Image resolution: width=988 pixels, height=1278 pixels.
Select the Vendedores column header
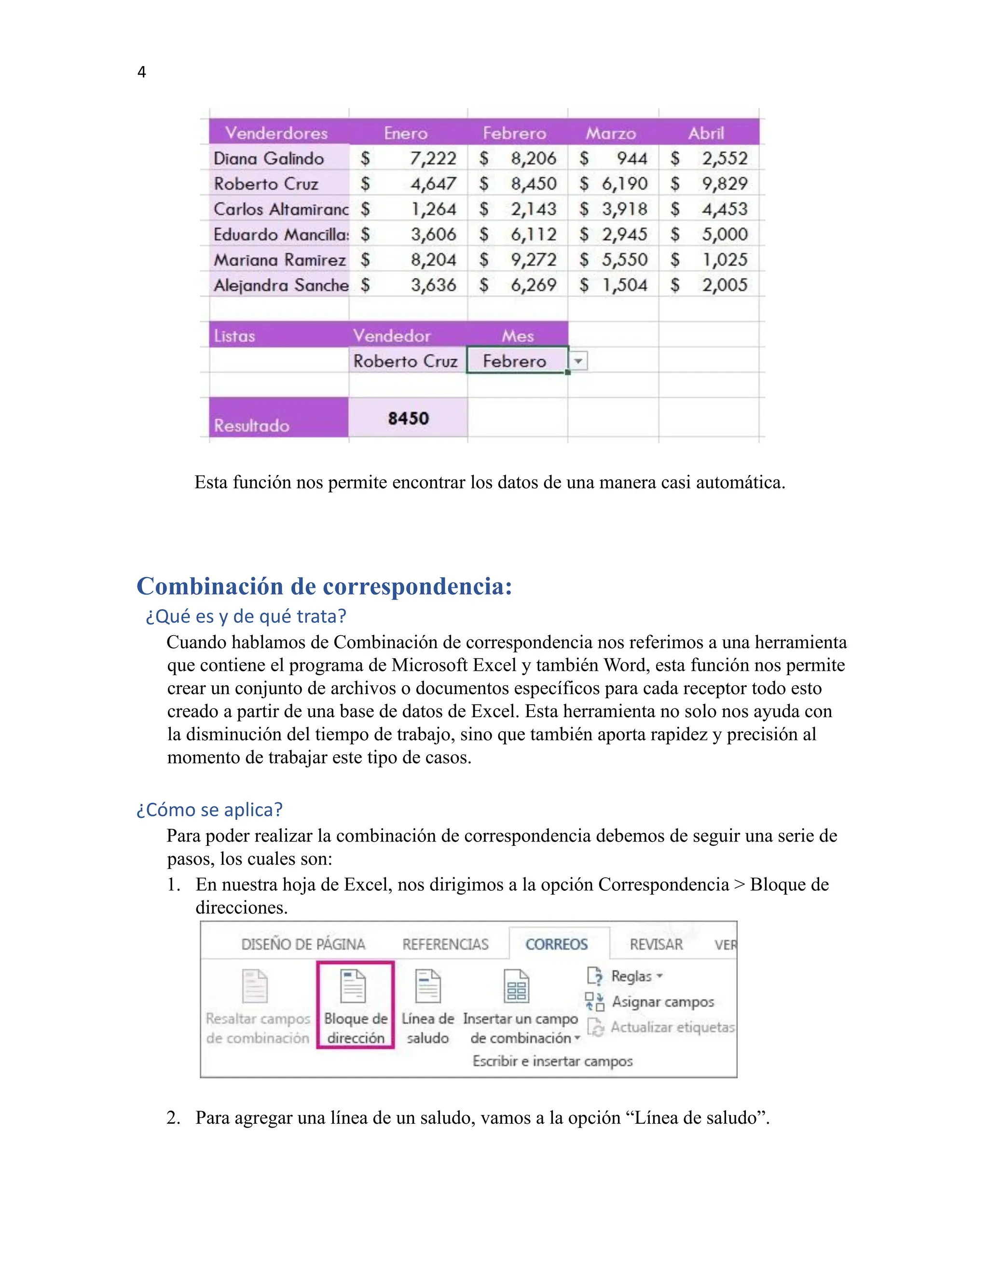[x=276, y=133]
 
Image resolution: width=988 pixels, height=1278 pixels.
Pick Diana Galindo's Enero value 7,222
[x=433, y=159]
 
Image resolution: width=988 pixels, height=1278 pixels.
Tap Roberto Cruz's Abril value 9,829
[x=725, y=184]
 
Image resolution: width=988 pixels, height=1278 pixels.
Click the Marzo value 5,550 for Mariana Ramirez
[x=625, y=260]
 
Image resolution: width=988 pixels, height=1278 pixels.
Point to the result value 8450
[x=408, y=419]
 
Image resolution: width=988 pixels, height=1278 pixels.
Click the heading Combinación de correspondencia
[x=324, y=586]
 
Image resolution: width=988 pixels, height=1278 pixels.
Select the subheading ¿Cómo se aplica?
[x=209, y=810]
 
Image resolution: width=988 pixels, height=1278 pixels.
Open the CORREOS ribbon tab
[x=556, y=944]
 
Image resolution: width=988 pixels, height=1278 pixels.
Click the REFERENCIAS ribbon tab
[x=445, y=944]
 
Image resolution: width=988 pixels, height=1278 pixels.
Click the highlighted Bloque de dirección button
[x=355, y=1005]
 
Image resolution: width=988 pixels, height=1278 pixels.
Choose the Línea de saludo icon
[x=428, y=987]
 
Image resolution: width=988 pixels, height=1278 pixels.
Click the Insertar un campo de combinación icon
[x=516, y=987]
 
